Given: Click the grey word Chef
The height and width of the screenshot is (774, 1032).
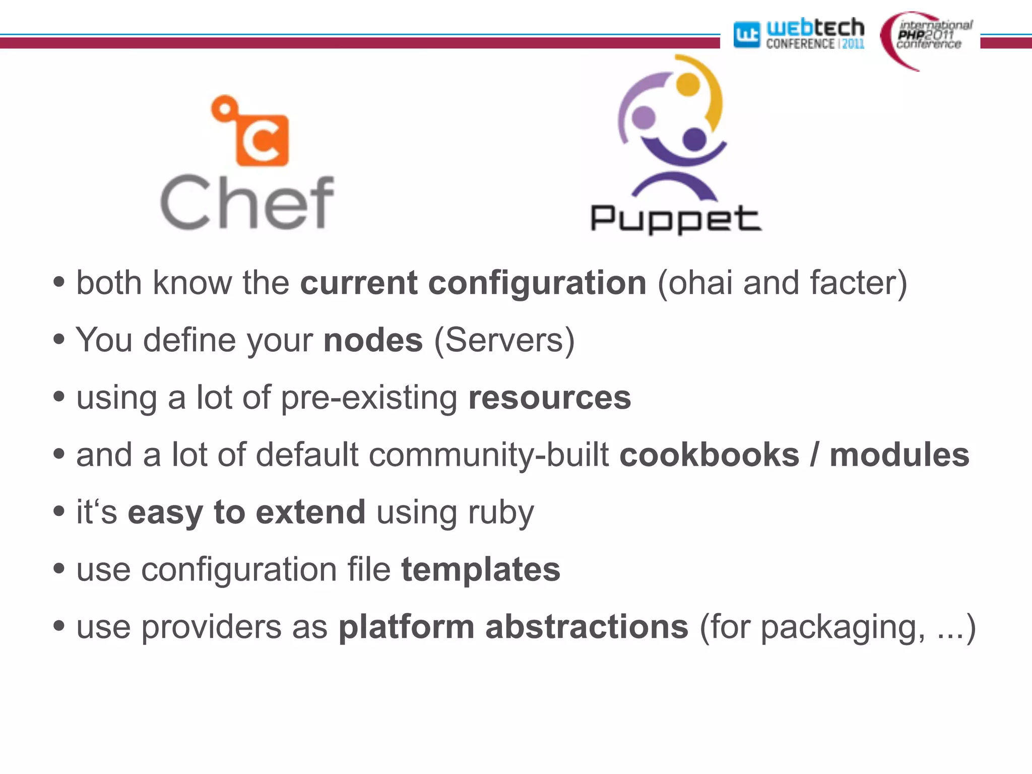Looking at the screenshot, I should click(x=247, y=203).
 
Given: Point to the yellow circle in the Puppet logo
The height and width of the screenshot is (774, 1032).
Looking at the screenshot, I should click(x=688, y=84).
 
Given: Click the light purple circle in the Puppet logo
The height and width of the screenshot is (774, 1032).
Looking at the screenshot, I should click(x=643, y=117).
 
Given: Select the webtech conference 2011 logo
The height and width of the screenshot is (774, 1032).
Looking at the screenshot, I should click(x=799, y=34).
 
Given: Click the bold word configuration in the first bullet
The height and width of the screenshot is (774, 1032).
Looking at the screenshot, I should click(x=537, y=283).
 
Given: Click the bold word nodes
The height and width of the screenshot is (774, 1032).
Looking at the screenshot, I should click(x=373, y=340).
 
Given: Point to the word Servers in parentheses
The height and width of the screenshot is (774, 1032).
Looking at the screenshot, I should click(x=504, y=340).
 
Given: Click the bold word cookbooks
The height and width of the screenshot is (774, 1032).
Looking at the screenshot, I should click(x=709, y=455).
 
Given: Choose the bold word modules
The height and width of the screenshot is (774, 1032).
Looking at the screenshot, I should click(x=899, y=455).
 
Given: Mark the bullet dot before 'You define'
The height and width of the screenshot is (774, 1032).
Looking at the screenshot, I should click(x=59, y=339).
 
